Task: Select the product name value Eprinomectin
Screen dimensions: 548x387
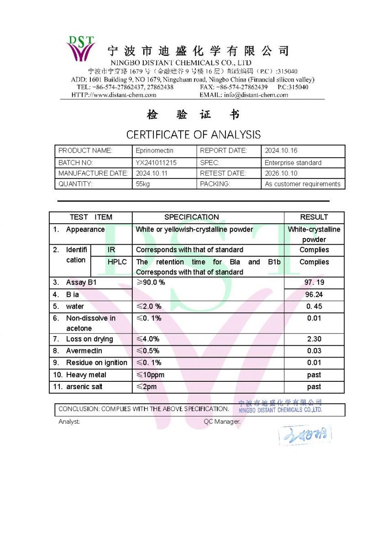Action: coord(155,150)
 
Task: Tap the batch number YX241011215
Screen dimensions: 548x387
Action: coord(156,163)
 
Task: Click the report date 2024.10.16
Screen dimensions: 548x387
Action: coord(281,150)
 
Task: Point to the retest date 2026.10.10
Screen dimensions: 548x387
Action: coord(281,173)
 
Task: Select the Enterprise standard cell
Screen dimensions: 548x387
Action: coord(293,163)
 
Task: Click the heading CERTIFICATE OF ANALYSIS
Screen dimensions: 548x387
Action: coord(193,135)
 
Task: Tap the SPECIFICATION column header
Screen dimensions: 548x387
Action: coord(192,217)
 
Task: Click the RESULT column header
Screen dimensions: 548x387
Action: coord(314,217)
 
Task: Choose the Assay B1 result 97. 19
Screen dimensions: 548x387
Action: coord(314,283)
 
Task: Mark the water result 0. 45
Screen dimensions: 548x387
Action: coord(314,306)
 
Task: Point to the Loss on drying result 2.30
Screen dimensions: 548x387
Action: coord(314,339)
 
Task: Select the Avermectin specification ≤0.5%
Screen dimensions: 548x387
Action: coord(148,351)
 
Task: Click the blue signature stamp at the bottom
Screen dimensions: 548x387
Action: coord(305,435)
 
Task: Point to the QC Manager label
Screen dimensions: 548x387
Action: coord(222,422)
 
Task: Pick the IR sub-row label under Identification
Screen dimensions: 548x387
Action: coord(111,250)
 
